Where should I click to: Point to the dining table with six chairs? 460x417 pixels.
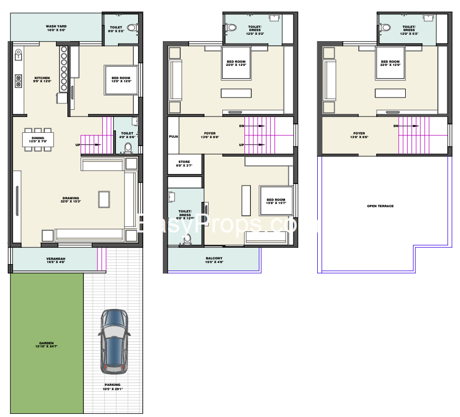point(37,140)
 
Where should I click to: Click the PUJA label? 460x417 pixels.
point(173,136)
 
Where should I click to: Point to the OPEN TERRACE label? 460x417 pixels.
point(380,206)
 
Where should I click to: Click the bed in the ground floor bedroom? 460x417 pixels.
point(121,80)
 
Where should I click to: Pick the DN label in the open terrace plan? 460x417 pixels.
point(395,127)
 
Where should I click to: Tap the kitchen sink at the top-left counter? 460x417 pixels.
point(18,53)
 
